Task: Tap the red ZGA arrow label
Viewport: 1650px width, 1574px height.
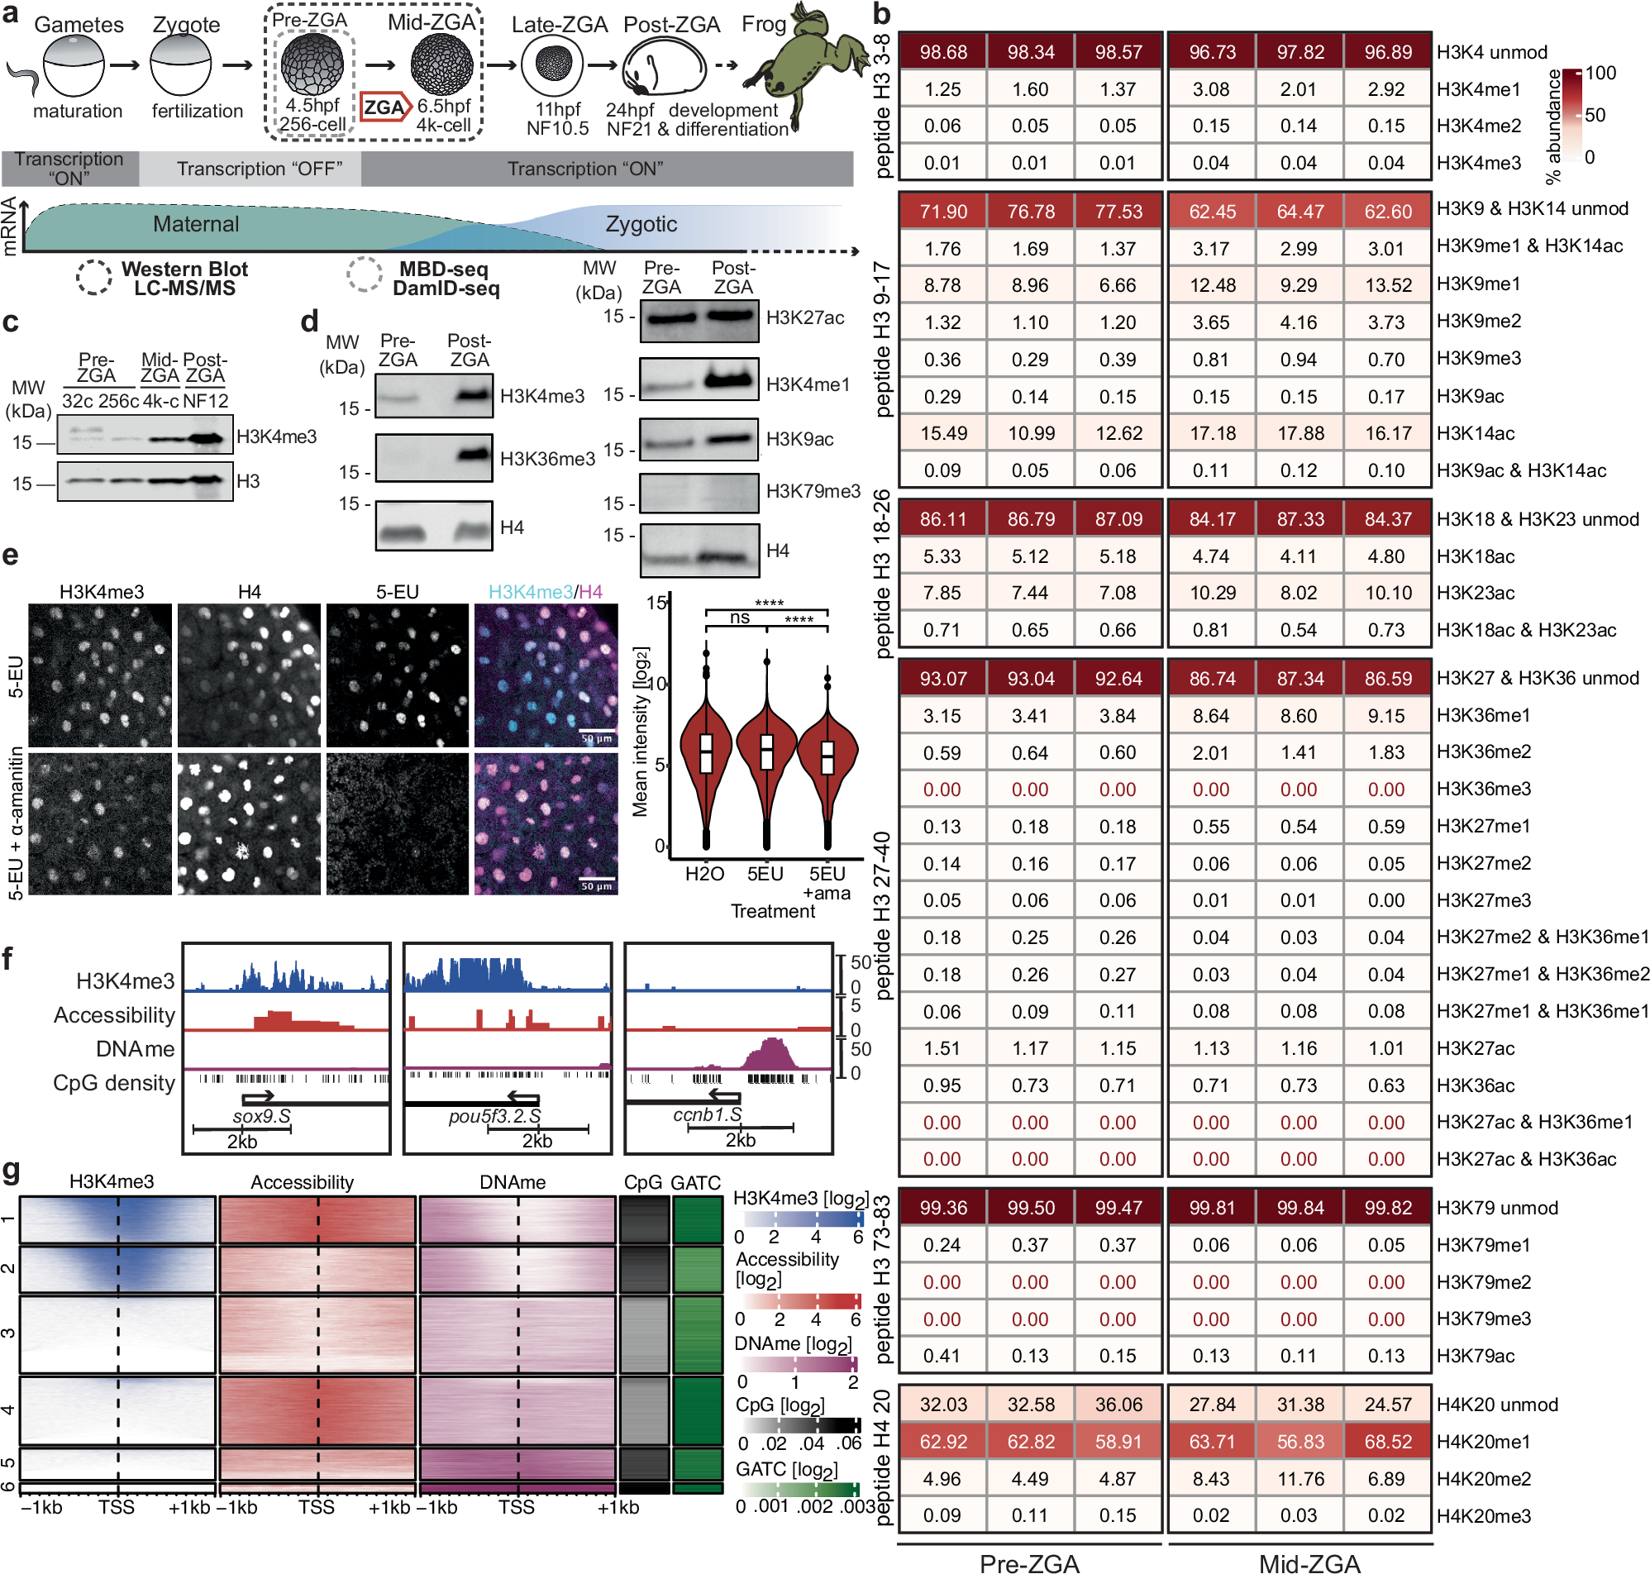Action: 385,107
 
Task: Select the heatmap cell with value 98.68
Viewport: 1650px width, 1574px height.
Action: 942,52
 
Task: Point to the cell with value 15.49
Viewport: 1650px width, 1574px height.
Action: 942,434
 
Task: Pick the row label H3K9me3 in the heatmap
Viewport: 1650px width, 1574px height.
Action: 1478,359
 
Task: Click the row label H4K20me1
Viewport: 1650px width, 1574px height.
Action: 1483,1443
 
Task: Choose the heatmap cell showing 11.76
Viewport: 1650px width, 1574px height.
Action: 1299,1479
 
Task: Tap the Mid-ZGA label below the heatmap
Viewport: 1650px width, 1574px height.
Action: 1309,1562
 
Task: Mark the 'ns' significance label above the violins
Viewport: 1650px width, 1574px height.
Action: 739,618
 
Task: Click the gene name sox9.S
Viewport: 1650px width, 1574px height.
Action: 261,1117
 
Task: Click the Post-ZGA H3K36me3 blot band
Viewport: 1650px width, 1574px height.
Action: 473,456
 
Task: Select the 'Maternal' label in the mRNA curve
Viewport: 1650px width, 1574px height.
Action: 195,224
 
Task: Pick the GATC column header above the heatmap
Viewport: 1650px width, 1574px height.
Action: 695,1183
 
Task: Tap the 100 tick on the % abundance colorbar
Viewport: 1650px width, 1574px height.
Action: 1600,73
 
